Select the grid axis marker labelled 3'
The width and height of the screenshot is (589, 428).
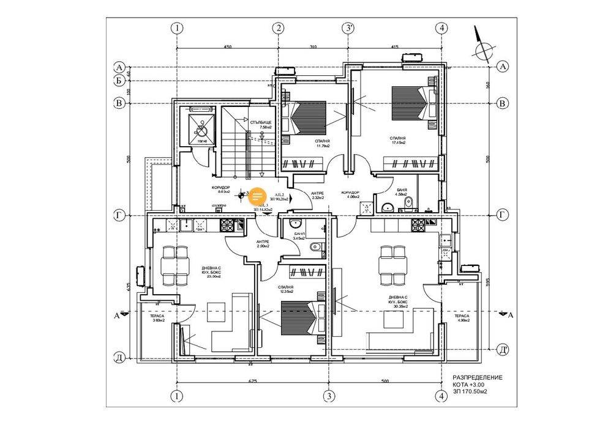[348, 28]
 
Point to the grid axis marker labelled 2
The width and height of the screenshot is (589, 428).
[278, 28]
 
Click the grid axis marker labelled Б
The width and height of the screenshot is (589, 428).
[120, 80]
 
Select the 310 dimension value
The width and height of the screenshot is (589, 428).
[312, 46]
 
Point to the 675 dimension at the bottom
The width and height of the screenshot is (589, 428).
[252, 382]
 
